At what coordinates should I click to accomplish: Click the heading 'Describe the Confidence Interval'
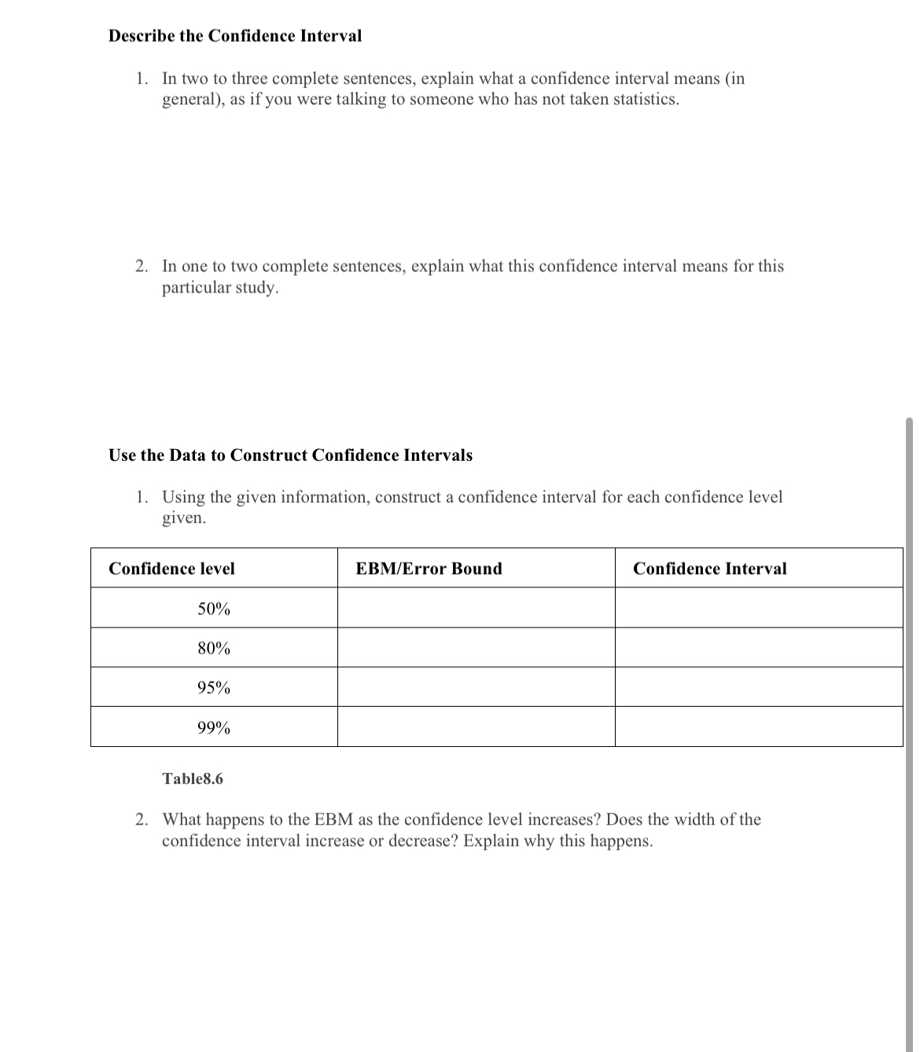pos(235,36)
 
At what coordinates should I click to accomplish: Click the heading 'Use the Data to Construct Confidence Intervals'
pos(290,455)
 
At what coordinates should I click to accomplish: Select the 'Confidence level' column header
pos(171,568)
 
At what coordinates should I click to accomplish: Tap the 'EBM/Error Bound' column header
pos(429,568)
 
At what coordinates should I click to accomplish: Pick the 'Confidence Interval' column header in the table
pos(709,568)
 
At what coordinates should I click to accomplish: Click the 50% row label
pos(214,609)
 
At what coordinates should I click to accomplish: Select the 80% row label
pos(214,649)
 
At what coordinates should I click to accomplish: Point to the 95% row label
pos(214,688)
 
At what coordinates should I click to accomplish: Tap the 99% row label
pos(214,728)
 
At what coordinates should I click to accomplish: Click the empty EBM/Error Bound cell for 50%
pos(476,608)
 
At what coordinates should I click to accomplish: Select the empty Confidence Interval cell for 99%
pos(759,726)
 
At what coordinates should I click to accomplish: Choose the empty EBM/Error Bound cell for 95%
pos(476,687)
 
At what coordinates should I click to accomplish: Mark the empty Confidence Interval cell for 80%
pos(759,648)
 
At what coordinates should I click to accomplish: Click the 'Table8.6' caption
pos(193,779)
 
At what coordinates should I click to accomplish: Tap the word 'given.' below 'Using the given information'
pos(184,518)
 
